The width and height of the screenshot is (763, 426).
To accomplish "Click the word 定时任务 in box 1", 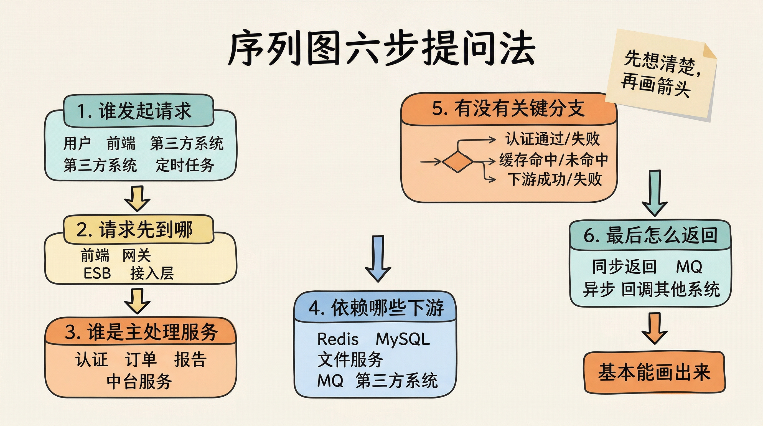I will pos(185,165).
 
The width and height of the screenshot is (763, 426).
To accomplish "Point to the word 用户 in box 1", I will pos(77,143).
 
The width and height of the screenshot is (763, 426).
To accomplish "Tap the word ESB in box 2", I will pos(97,273).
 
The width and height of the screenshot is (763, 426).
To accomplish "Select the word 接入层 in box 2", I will pos(152,273).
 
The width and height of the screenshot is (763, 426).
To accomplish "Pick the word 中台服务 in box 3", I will pos(139,381).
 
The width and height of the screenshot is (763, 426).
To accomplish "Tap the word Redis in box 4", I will pos(338,339).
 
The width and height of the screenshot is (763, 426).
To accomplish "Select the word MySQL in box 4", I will pos(403,339).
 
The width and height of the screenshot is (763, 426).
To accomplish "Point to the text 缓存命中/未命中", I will pos(553,160).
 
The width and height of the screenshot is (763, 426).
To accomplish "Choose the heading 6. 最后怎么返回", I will pos(650,235).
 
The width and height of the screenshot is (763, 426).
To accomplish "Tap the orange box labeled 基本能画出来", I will pos(654,373).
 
